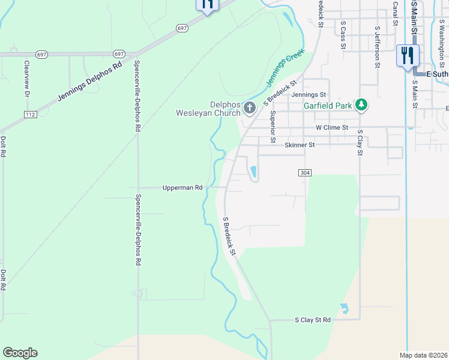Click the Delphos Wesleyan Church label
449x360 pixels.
coord(208,108)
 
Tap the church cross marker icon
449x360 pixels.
coord(250,108)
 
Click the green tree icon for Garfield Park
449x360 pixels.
coord(361,105)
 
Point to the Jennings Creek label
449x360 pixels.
coord(286,68)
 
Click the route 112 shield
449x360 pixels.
coord(31,114)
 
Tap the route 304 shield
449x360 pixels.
coord(304,173)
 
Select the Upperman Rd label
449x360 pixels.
coord(182,188)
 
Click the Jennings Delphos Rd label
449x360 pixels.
coord(90,81)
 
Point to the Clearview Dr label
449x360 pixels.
coord(27,79)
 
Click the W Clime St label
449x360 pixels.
coord(332,128)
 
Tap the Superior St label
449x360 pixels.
coord(273,127)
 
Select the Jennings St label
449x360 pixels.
coord(308,95)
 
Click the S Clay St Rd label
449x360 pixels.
coord(313,320)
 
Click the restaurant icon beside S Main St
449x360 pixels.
coord(408,56)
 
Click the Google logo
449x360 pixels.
coord(20,353)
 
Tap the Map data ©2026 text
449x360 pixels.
coord(423,355)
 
